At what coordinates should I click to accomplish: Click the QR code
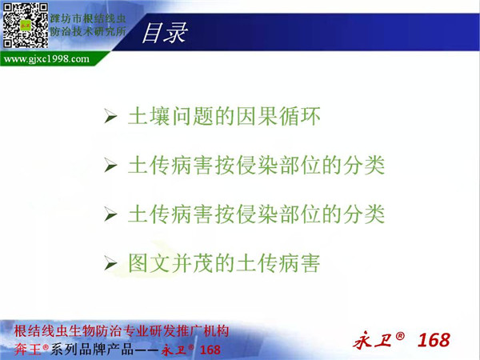pyautogui.click(x=26, y=26)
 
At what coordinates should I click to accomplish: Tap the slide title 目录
pyautogui.click(x=164, y=33)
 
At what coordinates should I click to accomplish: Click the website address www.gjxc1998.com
pyautogui.click(x=46, y=58)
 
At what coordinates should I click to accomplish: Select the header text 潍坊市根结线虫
pyautogui.click(x=88, y=18)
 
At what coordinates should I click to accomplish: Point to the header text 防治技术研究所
pyautogui.click(x=88, y=31)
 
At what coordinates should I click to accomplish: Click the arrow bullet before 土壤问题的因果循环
pyautogui.click(x=110, y=116)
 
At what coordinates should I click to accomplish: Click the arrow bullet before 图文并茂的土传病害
pyautogui.click(x=110, y=263)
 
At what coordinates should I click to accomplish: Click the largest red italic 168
pyautogui.click(x=434, y=340)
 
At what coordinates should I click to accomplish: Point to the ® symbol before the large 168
pyautogui.click(x=400, y=336)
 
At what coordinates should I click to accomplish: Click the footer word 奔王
pyautogui.click(x=27, y=350)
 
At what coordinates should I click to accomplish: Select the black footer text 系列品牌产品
pyautogui.click(x=92, y=350)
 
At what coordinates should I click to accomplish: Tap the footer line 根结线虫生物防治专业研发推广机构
pyautogui.click(x=122, y=331)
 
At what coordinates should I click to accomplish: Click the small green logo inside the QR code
pyautogui.click(x=26, y=25)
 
